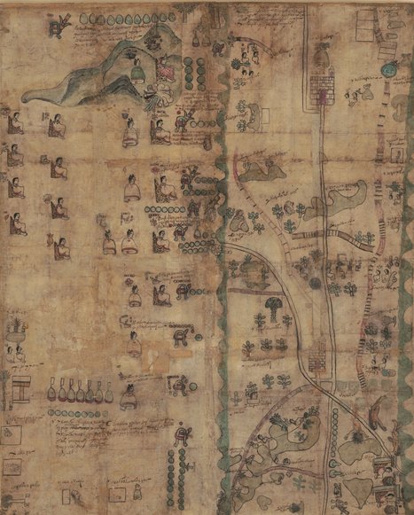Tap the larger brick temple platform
[321, 88]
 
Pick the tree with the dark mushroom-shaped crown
[272, 308]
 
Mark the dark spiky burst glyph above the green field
[283, 417]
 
